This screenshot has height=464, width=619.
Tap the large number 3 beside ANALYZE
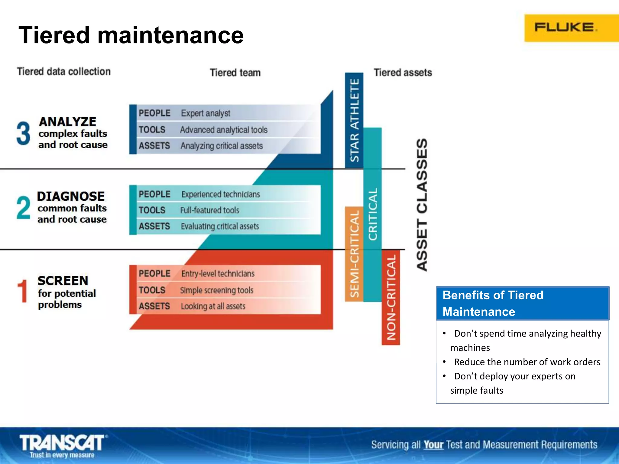coord(23,133)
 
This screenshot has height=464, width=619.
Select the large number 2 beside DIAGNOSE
coord(23,208)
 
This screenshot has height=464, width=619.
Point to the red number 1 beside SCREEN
coord(22,291)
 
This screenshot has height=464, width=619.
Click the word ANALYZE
coord(67,122)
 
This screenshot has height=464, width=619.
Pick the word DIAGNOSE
coord(71,196)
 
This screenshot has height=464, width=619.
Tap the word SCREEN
coord(63,281)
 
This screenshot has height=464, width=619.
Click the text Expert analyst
coord(206,113)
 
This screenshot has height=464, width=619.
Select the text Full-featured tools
coord(209,210)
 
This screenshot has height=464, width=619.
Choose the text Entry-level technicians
coord(218,274)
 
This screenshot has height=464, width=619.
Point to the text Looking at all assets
coord(213,306)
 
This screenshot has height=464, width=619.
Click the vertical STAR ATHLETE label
coord(354,120)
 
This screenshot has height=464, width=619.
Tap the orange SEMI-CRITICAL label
coord(354,254)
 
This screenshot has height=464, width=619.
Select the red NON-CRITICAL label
coord(391,297)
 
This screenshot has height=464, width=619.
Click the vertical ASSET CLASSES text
coord(422,205)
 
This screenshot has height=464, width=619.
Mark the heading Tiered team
coord(235,73)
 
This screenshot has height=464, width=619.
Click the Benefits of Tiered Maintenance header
coord(522,303)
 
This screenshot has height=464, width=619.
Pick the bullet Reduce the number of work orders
coord(527,362)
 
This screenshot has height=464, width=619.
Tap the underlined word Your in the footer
coord(433,445)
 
